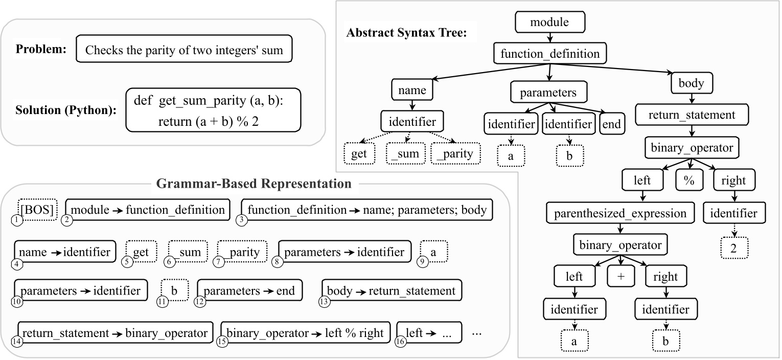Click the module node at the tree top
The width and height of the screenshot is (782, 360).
[x=549, y=22]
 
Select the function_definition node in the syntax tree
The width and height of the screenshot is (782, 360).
[x=549, y=53]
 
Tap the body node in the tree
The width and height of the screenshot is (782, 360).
[x=691, y=83]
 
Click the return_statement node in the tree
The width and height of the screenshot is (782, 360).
[x=692, y=115]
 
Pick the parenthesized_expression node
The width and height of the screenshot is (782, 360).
[x=620, y=213]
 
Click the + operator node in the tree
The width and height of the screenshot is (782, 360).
[x=620, y=277]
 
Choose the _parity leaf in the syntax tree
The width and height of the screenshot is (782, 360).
[x=455, y=153]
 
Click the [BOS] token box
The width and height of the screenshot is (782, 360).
[x=38, y=210]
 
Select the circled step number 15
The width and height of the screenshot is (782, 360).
[x=222, y=343]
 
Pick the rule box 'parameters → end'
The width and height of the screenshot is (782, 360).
[x=249, y=291]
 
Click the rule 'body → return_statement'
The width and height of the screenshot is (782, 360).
[x=391, y=291]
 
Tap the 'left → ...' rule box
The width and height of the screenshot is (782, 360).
[x=429, y=333]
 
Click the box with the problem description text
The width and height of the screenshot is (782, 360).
[x=183, y=50]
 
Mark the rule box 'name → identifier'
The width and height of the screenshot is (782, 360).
[x=65, y=252]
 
